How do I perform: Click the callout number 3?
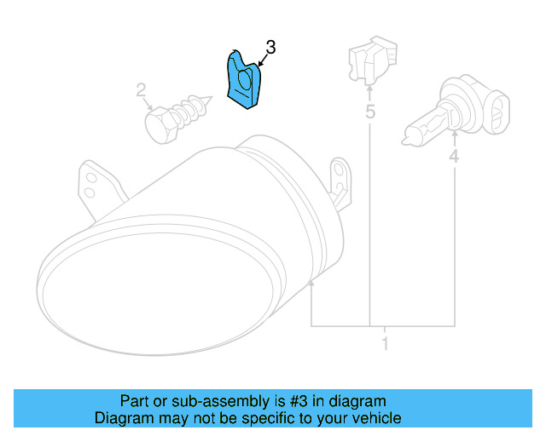pyautogui.click(x=270, y=47)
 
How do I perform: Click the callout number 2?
pyautogui.click(x=142, y=89)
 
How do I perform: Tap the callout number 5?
pyautogui.click(x=370, y=112)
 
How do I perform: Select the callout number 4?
pyautogui.click(x=454, y=156)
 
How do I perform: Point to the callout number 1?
pyautogui.click(x=385, y=344)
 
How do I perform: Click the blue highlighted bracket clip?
pyautogui.click(x=244, y=82)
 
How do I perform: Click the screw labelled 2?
pyautogui.click(x=181, y=115)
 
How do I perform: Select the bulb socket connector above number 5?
pyautogui.click(x=369, y=61)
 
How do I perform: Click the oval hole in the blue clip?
pyautogui.click(x=243, y=82)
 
